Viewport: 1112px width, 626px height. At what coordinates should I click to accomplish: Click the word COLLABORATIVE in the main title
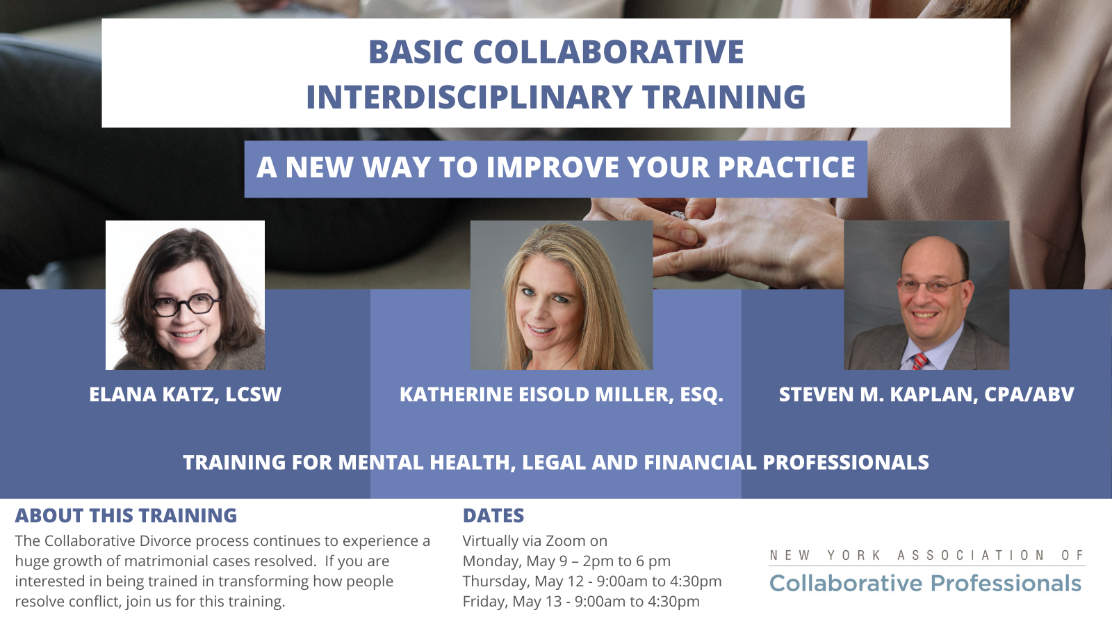click(609, 51)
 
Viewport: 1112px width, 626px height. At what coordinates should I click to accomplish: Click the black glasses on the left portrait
click(186, 305)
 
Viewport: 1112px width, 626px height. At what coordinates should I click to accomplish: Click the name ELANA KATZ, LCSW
click(185, 394)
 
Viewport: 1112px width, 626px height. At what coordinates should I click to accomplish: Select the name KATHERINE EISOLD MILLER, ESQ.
click(562, 394)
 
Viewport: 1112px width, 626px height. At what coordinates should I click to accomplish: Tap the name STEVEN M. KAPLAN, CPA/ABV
click(926, 394)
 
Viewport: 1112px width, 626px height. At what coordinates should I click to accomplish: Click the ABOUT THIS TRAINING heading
click(126, 515)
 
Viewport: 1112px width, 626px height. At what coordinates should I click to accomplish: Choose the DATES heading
click(493, 515)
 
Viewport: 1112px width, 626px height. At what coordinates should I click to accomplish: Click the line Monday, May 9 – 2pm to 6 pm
click(566, 561)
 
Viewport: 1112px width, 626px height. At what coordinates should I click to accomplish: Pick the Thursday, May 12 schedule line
click(592, 581)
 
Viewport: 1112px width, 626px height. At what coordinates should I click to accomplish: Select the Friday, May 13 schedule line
click(581, 602)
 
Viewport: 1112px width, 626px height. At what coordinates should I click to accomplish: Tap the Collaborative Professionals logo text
click(925, 584)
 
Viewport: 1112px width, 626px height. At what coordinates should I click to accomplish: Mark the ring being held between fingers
click(678, 215)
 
